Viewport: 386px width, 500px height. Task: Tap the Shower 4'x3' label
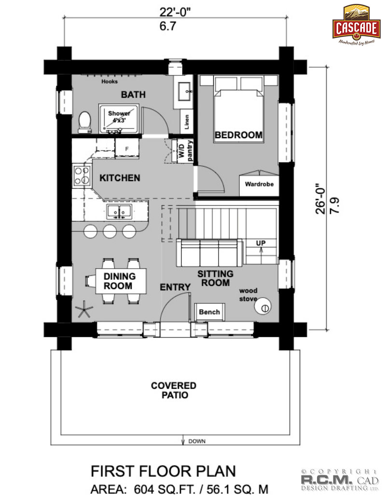pos(119,117)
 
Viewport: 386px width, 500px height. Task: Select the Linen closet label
pos(187,122)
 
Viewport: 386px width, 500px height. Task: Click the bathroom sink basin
pos(184,91)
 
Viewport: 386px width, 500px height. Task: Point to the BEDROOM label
pos(238,135)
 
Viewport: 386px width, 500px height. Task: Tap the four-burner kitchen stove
pos(82,175)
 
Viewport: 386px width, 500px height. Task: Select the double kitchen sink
pos(119,212)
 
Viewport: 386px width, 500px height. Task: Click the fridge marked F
pos(127,149)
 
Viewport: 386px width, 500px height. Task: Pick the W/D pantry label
pos(185,151)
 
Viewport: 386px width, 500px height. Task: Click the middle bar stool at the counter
pos(110,231)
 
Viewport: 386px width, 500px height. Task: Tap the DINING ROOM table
pos(121,281)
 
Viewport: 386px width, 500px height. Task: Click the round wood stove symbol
pos(263,306)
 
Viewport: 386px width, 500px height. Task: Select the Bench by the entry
pos(209,312)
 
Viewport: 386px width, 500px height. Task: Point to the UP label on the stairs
pos(261,243)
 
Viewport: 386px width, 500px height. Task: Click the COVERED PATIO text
pos(174,390)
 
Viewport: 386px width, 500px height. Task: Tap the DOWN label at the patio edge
pos(197,442)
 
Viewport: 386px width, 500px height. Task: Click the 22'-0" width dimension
pos(175,13)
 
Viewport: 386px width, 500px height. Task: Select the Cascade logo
pos(357,25)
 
